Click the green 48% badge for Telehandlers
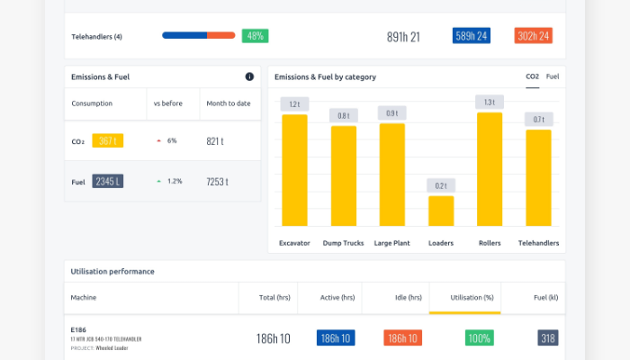pos(255,36)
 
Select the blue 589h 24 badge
pos(472,36)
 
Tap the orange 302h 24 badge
pos(533,36)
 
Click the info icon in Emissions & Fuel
pos(249,76)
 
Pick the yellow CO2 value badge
pos(107,140)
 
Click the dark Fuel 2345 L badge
pos(106,181)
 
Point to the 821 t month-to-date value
pos(215,141)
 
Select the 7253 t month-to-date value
pos(217,181)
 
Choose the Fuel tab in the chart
pos(553,76)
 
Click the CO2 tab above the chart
pos(532,76)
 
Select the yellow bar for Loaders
pos(441,211)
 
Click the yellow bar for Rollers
pos(490,169)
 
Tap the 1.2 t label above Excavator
pos(294,104)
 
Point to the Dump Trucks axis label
pos(343,243)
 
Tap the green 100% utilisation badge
pos(479,338)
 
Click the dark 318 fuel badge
pos(548,338)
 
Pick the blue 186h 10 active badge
pos(336,338)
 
